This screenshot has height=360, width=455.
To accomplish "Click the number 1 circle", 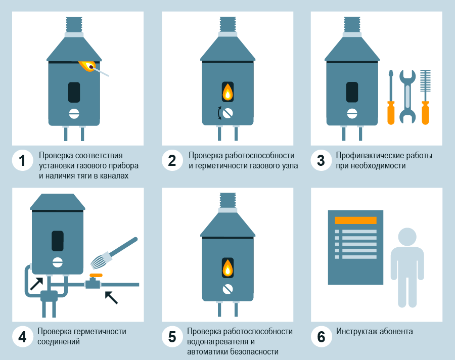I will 22,161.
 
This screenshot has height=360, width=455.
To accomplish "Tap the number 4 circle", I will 22,337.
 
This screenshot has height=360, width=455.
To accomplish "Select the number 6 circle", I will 321,337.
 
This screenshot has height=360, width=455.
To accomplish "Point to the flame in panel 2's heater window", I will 228,92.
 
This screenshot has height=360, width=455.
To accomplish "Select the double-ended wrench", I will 407,97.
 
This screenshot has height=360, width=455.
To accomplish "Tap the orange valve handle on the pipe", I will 93,276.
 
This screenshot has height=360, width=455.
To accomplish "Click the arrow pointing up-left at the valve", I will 111,297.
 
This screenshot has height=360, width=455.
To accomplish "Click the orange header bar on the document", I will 356,220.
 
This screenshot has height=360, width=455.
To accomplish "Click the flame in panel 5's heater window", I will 228,267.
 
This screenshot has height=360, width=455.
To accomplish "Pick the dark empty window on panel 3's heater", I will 352,92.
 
